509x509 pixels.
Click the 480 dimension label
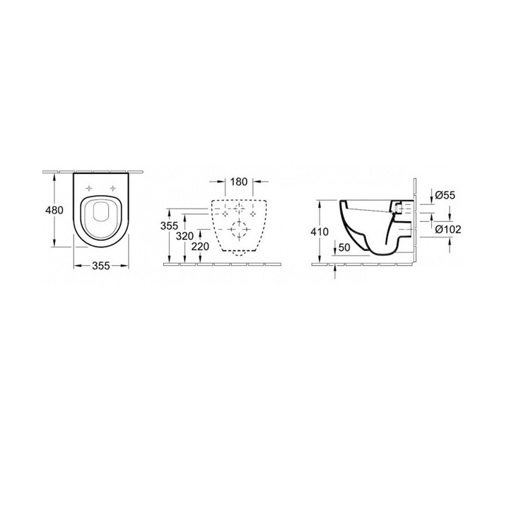(x=54, y=210)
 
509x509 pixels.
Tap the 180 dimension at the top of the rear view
(x=239, y=182)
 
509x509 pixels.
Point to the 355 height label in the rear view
(x=168, y=226)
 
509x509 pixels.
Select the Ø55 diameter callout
(x=443, y=194)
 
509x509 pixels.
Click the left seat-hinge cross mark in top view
(x=88, y=188)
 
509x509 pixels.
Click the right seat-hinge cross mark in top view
(x=113, y=188)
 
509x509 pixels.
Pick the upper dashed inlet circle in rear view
(x=239, y=209)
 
